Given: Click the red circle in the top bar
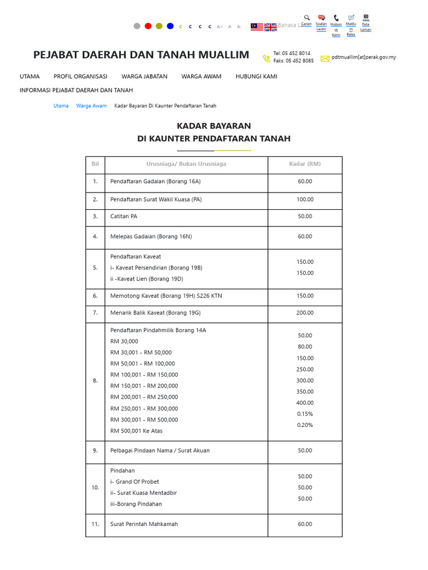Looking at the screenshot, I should (x=148, y=26).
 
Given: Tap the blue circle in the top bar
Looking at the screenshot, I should (x=170, y=26).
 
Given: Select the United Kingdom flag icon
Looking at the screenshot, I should (x=270, y=27).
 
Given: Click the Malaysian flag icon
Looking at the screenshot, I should (x=257, y=27).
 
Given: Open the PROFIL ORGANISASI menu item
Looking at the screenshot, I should (x=80, y=76).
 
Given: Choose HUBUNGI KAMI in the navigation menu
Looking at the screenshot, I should (x=256, y=76).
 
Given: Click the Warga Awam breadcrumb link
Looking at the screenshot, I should (x=91, y=106).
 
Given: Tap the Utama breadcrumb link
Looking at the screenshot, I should (x=61, y=106).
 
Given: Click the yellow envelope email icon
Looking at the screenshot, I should (x=325, y=58).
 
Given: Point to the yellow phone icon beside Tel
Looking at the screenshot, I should (x=266, y=58).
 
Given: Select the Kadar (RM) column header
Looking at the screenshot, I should (x=305, y=164).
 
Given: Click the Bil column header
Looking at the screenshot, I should (x=95, y=164).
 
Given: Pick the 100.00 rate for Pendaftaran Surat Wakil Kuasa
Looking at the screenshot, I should (x=305, y=199).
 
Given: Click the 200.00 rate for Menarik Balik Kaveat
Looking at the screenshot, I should (x=305, y=313).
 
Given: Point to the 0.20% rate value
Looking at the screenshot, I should (x=305, y=425).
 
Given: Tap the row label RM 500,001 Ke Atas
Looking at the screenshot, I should (x=137, y=431).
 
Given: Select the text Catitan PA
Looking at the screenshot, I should (x=124, y=217).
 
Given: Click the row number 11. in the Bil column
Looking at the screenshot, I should (x=95, y=524).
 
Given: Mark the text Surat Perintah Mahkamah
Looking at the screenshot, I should (x=144, y=524).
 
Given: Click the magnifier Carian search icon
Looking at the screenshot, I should (x=307, y=18).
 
